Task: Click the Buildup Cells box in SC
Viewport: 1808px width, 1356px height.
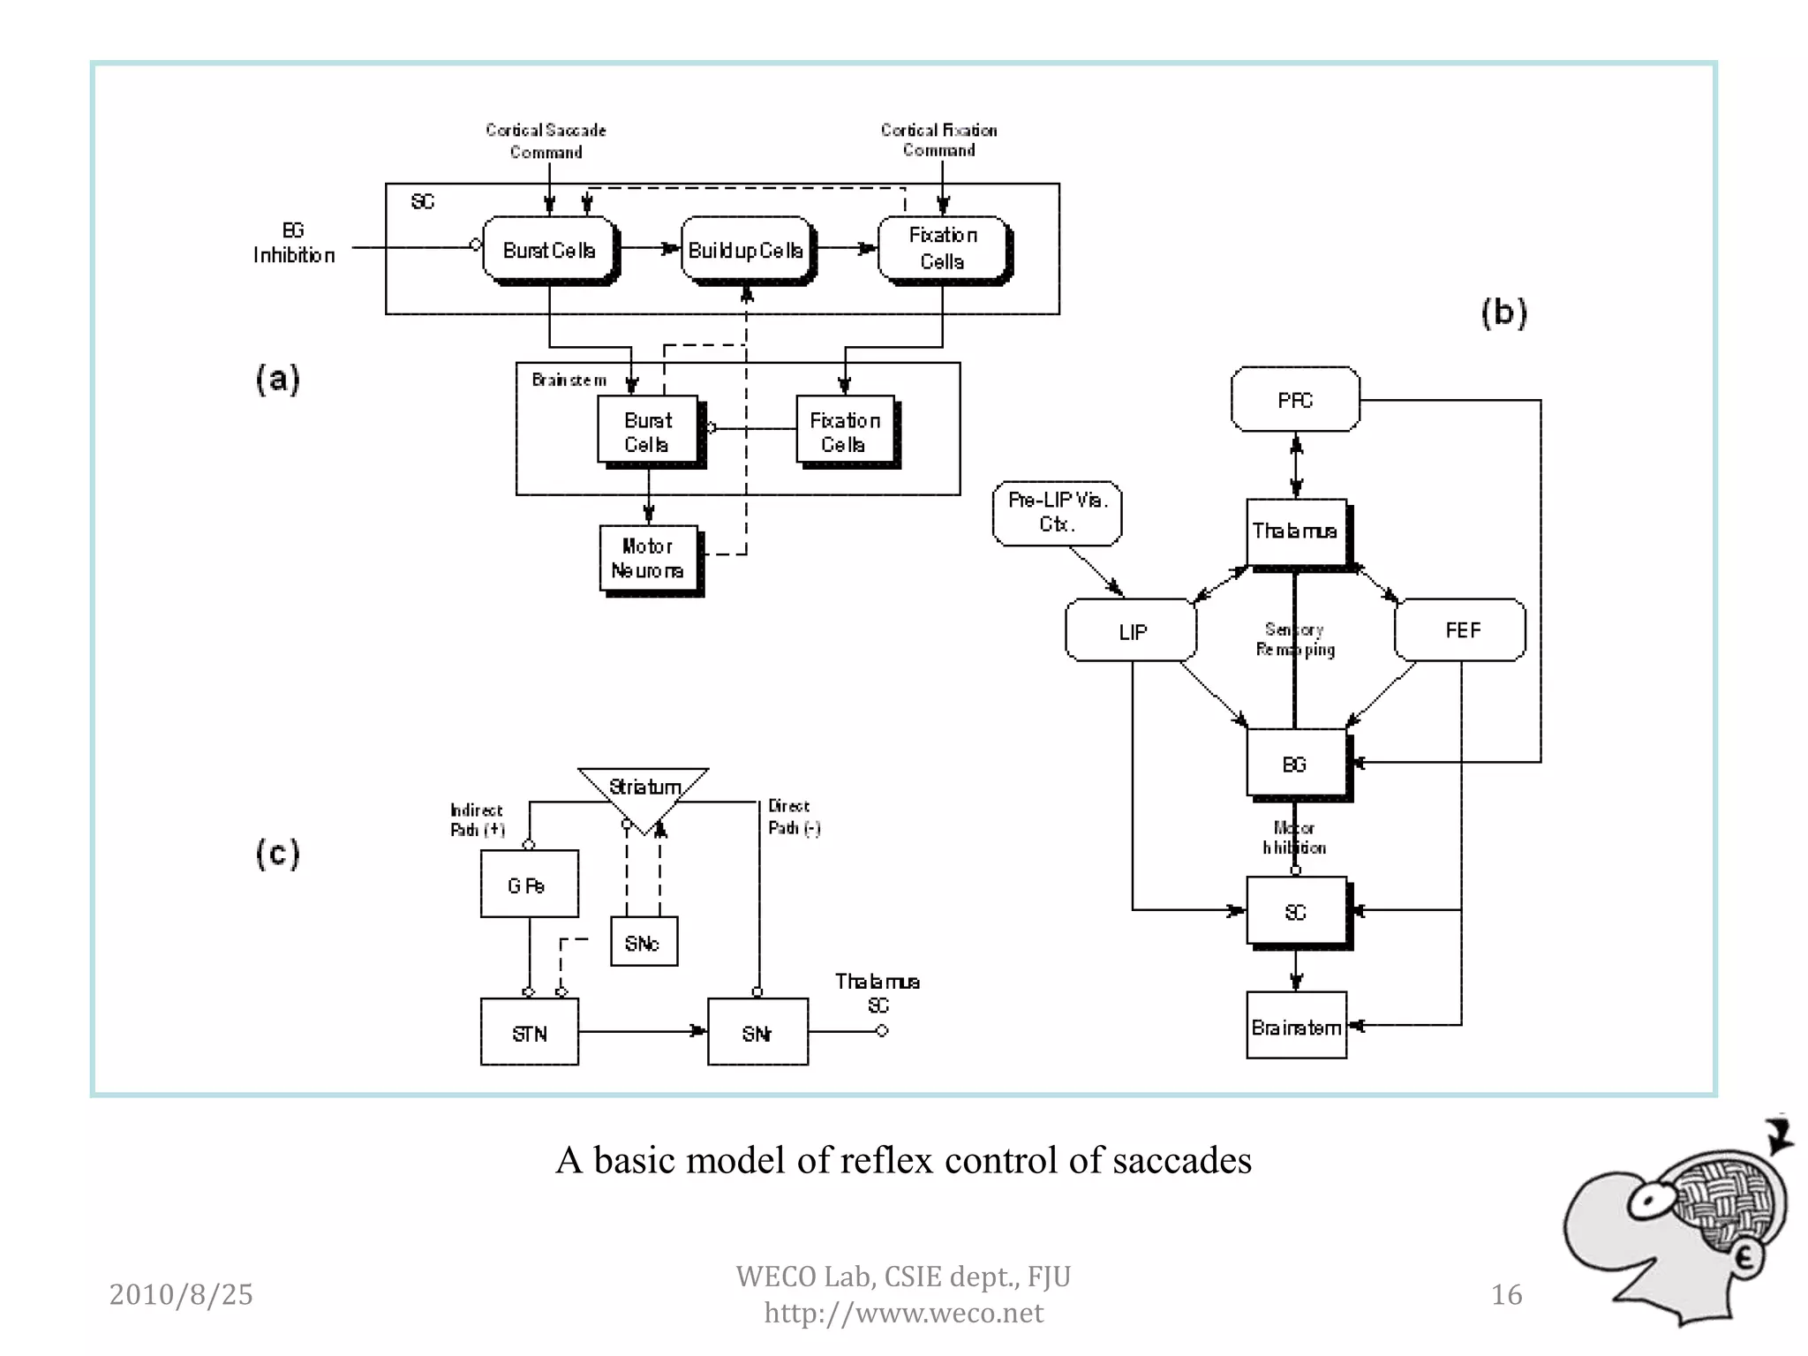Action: pyautogui.click(x=746, y=251)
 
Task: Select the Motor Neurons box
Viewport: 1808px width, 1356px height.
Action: pyautogui.click(x=648, y=558)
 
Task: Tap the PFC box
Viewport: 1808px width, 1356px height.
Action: pyautogui.click(x=1295, y=400)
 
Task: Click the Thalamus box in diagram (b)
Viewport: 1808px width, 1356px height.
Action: pyautogui.click(x=1295, y=531)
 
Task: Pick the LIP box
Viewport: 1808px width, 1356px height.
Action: pyautogui.click(x=1132, y=630)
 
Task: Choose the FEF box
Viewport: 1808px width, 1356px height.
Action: pyautogui.click(x=1461, y=629)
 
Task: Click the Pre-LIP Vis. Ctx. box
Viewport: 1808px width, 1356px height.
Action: pyautogui.click(x=1057, y=513)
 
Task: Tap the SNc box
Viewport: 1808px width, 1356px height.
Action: pyautogui.click(x=644, y=942)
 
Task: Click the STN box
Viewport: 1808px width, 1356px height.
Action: pyautogui.click(x=529, y=1032)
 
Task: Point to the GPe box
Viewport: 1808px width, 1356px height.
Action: pyautogui.click(x=529, y=885)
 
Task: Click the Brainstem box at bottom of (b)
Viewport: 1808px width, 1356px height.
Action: pyautogui.click(x=1296, y=1026)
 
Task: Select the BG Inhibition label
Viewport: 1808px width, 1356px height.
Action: pyautogui.click(x=294, y=244)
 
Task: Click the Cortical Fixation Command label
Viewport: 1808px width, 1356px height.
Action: pyautogui.click(x=938, y=140)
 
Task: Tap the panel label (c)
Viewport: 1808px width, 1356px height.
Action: pyautogui.click(x=278, y=854)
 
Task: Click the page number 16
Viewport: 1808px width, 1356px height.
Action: pyautogui.click(x=1506, y=1294)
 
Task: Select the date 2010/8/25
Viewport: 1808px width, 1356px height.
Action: pyautogui.click(x=181, y=1294)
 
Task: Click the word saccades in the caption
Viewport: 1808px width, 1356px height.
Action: pyautogui.click(x=1181, y=1160)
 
